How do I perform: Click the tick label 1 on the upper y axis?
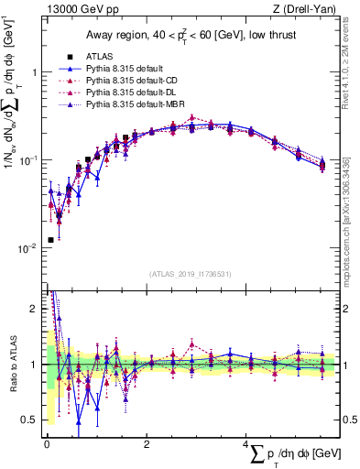coord(35,73)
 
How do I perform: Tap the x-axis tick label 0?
coord(47,445)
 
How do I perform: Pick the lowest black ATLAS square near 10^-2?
coord(49,240)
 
